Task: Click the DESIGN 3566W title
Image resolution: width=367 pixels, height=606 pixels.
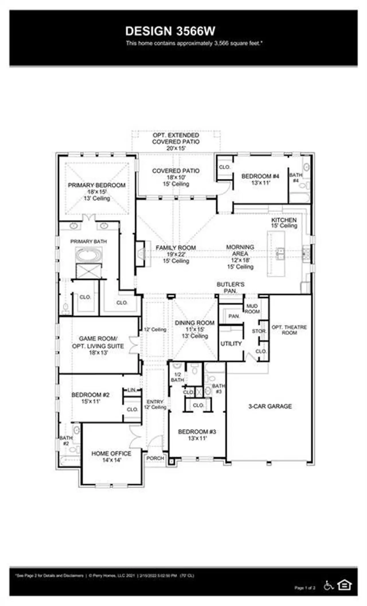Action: (170, 31)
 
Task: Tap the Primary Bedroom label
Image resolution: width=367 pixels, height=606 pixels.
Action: (97, 185)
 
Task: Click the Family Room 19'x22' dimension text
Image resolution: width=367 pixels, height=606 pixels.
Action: (176, 254)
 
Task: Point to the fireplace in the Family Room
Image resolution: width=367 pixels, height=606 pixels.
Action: (141, 254)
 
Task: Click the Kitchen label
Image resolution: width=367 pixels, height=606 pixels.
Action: (284, 220)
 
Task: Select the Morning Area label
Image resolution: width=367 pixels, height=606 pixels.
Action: (240, 250)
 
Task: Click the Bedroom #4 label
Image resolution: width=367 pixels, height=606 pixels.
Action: (260, 176)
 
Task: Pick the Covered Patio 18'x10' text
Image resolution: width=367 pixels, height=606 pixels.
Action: (176, 177)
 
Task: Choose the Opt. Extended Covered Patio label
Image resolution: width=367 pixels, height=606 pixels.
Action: (176, 138)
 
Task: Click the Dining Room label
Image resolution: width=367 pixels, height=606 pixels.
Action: (194, 323)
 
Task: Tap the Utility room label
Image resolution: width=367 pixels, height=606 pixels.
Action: (231, 343)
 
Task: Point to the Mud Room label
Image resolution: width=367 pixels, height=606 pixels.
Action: (252, 309)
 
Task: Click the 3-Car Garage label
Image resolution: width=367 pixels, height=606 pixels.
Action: (270, 406)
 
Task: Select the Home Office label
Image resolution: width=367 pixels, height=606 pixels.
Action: (111, 453)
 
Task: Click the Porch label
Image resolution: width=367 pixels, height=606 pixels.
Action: (155, 458)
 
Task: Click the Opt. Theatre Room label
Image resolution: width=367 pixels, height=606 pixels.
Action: (289, 330)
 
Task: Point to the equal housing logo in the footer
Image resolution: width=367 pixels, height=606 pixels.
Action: (344, 585)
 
